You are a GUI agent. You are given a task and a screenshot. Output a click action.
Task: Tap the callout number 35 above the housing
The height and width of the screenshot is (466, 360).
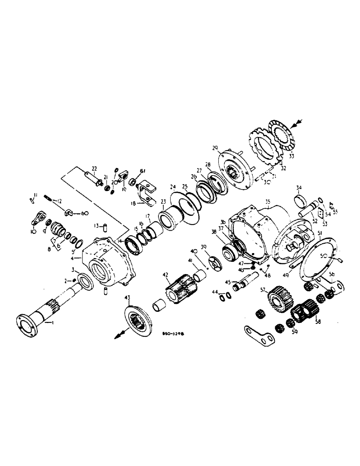pyautogui.click(x=268, y=202)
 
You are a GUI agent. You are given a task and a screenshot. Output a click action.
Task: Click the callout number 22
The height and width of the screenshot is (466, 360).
pyautogui.click(x=94, y=168)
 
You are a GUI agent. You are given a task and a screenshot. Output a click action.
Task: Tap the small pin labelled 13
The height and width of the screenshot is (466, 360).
pyautogui.click(x=105, y=227)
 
